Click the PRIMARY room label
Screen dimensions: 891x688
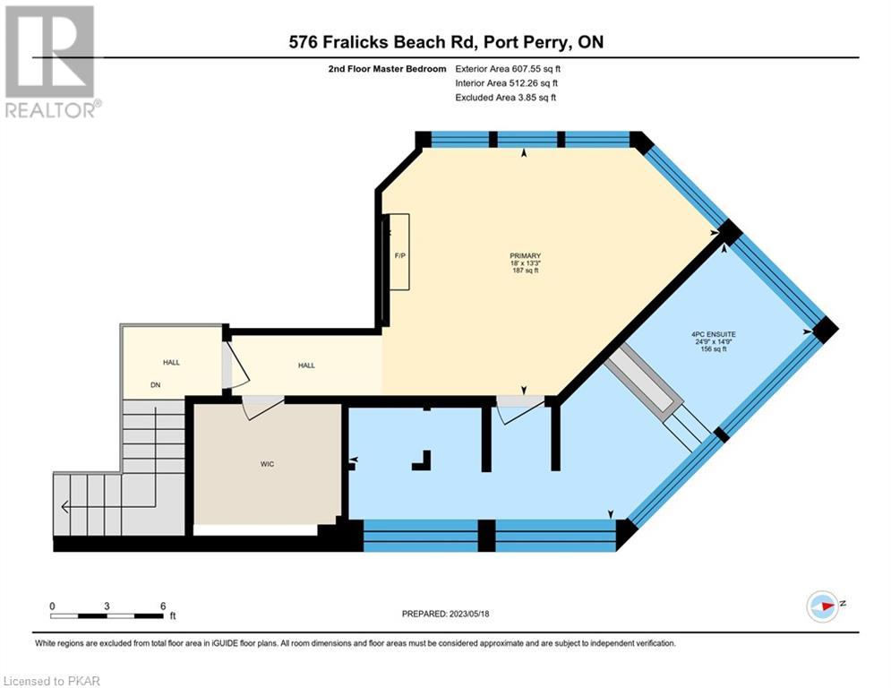[525, 256]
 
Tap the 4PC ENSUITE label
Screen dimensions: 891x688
[714, 335]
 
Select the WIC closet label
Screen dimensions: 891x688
[267, 464]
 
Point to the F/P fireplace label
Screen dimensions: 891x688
[400, 256]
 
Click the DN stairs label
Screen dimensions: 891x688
[155, 385]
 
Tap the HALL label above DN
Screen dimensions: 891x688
[171, 362]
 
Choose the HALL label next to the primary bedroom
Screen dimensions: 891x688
[306, 365]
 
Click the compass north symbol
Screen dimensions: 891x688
[823, 606]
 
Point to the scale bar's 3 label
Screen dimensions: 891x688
[107, 606]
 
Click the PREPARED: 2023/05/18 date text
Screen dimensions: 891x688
[446, 614]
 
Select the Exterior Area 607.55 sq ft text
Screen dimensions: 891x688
[508, 69]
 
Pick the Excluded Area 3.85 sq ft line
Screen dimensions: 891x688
[506, 98]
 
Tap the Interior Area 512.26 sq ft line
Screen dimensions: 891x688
[506, 83]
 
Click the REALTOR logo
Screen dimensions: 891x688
[51, 62]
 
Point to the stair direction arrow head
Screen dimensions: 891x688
[64, 506]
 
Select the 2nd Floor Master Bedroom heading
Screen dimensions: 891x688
[388, 69]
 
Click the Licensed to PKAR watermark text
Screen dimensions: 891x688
[52, 681]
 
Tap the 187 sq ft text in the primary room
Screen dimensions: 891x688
[525, 271]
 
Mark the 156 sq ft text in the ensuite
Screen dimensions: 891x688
[714, 349]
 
